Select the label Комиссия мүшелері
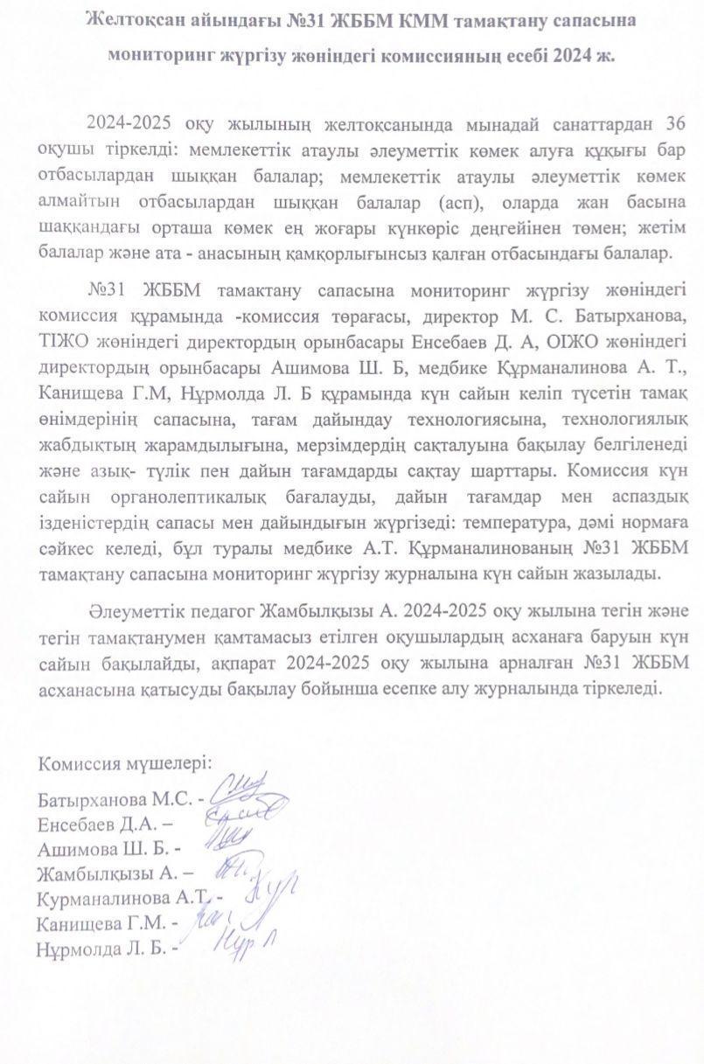coord(124,762)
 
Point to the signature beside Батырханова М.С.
coord(249,791)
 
